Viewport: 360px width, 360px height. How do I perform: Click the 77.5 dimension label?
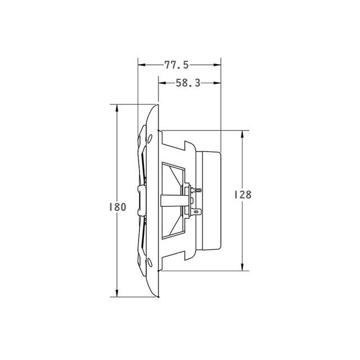click(x=177, y=65)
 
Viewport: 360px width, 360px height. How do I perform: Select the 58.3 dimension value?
click(x=188, y=83)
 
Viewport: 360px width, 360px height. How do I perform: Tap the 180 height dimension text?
click(x=118, y=207)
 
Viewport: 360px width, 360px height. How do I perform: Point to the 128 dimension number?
click(x=242, y=195)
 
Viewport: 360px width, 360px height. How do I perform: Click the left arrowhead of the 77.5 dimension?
click(x=142, y=65)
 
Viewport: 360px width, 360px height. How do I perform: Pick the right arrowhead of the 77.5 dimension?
click(x=217, y=65)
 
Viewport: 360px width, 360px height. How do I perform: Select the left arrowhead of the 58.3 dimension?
click(x=162, y=83)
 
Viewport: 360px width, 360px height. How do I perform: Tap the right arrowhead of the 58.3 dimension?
click(x=217, y=83)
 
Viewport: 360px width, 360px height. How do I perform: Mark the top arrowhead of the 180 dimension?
click(x=117, y=109)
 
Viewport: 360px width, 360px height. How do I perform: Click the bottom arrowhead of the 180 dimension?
click(x=117, y=293)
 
